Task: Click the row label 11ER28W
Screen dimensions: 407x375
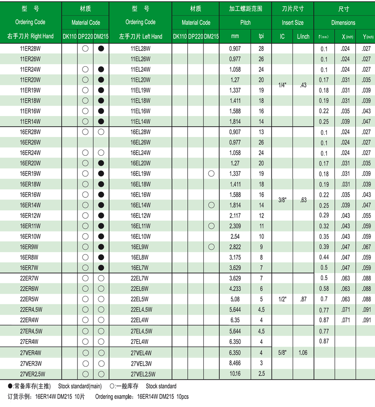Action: pos(30,48)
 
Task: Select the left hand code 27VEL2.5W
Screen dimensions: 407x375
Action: pos(141,374)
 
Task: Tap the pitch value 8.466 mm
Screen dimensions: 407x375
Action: pos(235,363)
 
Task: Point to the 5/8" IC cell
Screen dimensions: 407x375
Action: pos(282,353)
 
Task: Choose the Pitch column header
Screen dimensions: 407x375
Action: pos(245,22)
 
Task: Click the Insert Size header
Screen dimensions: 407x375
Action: pos(292,22)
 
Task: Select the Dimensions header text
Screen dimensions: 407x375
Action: pos(343,22)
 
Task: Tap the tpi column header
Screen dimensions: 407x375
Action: pos(261,36)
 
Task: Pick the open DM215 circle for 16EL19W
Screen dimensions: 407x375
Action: pos(211,174)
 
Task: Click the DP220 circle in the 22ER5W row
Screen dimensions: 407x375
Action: pos(85,299)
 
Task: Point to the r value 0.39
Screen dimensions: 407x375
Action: pos(324,247)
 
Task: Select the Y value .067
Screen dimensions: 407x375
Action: pos(366,247)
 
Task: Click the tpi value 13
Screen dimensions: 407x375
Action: pos(261,132)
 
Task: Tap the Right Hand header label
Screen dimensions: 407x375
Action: pos(30,36)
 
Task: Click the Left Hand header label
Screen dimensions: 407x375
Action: pos(141,36)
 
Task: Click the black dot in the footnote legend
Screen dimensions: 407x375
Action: pos(10,386)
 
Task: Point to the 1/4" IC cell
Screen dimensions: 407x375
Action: pos(282,85)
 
